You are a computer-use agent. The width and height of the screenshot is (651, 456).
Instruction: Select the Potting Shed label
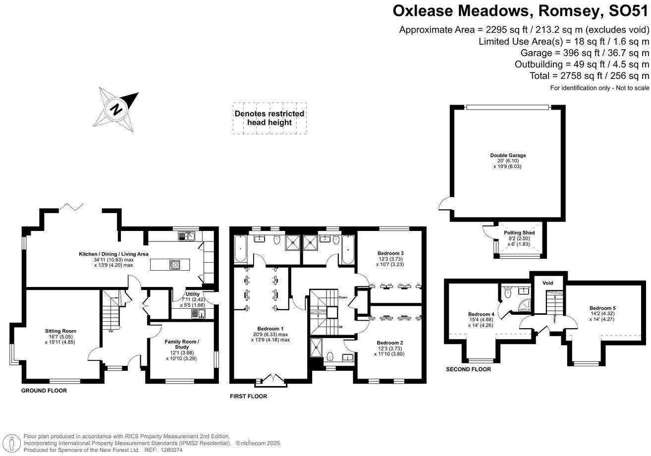click(x=519, y=232)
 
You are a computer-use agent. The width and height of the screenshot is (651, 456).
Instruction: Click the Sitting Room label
click(x=60, y=331)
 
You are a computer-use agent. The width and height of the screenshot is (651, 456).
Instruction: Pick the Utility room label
click(x=192, y=294)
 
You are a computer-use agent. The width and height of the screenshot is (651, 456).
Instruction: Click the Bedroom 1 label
click(x=271, y=329)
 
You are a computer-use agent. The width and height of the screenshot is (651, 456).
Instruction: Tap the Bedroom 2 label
click(x=389, y=342)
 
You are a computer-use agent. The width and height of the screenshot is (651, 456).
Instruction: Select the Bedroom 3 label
click(x=390, y=253)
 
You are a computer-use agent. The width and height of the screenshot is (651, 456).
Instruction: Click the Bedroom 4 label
click(x=481, y=314)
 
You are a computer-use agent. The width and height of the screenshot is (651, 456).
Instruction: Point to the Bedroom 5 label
click(x=602, y=308)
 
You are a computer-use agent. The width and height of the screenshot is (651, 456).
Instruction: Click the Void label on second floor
click(x=547, y=283)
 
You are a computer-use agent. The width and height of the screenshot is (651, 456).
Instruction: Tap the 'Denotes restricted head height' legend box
click(x=270, y=118)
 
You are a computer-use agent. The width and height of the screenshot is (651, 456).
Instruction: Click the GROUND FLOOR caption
click(x=44, y=391)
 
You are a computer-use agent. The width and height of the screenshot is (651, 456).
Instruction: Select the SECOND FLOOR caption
click(x=468, y=369)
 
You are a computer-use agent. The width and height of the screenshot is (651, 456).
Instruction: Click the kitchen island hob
click(x=175, y=265)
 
